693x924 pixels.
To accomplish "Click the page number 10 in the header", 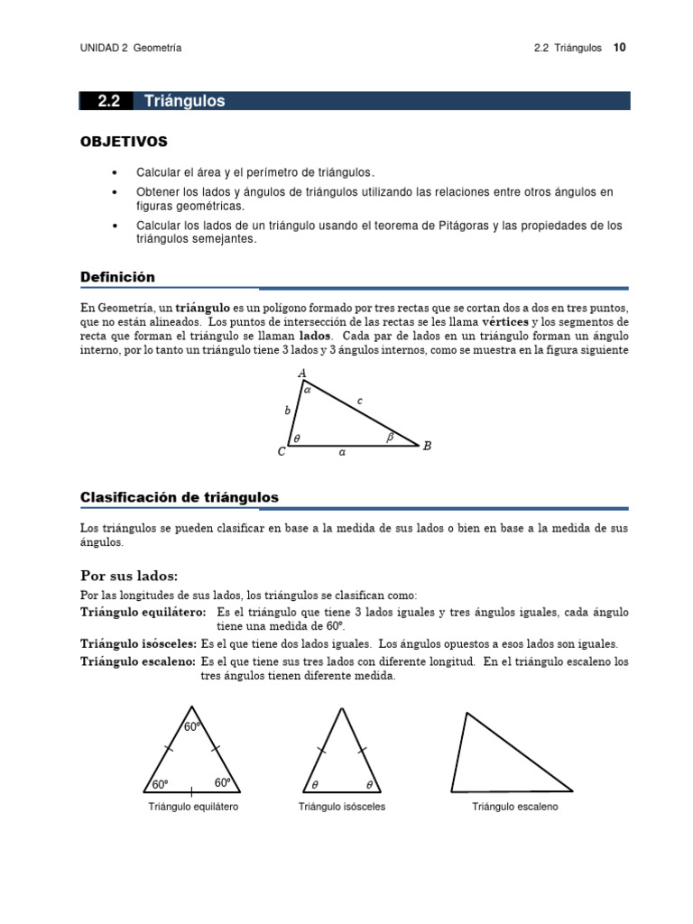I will click(x=620, y=48).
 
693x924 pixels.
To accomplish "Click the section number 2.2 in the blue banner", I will click(x=109, y=101).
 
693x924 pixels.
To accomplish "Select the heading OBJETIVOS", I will click(x=124, y=142).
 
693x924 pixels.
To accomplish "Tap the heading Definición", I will click(x=117, y=277).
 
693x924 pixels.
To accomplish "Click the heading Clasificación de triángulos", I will click(x=180, y=497).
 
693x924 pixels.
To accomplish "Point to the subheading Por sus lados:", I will click(x=129, y=576).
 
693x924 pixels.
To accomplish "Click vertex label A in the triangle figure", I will click(x=301, y=374).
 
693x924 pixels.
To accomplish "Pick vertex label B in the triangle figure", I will click(x=427, y=445).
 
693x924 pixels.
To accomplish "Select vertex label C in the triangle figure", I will click(x=282, y=452).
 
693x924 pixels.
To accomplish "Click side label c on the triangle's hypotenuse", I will click(x=360, y=400).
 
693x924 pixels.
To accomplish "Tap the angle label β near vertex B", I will click(x=390, y=437).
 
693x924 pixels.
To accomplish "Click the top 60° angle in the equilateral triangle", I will click(x=191, y=726).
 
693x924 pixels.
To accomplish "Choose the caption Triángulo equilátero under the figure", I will click(x=193, y=807).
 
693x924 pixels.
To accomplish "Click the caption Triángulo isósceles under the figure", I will click(x=342, y=807).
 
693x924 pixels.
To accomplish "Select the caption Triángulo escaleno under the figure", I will click(x=515, y=807).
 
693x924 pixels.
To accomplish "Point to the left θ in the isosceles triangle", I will click(x=315, y=784).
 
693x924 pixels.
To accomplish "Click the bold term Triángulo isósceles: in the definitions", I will click(x=138, y=644).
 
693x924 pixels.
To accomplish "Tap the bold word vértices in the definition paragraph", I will click(x=505, y=322).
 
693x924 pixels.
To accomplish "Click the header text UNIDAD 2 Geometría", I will click(x=131, y=48).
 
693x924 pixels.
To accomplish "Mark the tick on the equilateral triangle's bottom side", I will click(x=191, y=791).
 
